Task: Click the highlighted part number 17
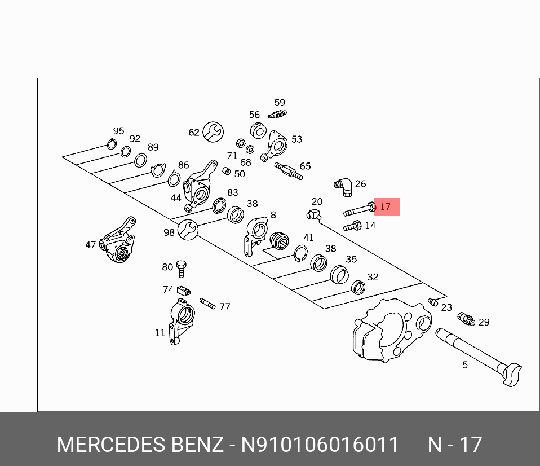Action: point(386,207)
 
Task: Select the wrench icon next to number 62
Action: point(213,132)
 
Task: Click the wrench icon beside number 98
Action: point(187,229)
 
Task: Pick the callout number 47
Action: point(91,245)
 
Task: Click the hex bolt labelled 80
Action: point(182,268)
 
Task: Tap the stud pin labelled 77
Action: point(207,304)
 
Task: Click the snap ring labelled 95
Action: point(112,145)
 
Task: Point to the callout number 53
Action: point(296,139)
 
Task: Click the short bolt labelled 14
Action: point(352,227)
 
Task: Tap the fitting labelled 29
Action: point(466,319)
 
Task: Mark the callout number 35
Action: point(351,260)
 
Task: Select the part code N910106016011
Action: point(320,445)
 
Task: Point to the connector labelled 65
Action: point(289,170)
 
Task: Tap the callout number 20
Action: point(317,201)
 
